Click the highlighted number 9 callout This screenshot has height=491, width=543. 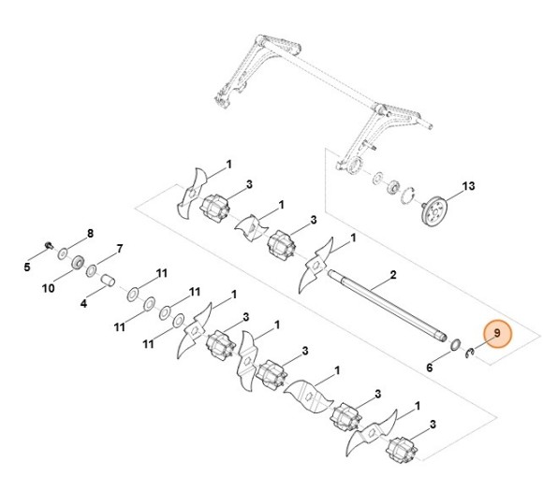(497, 334)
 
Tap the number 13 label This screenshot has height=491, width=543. (469, 186)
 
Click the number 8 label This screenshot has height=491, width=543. (91, 232)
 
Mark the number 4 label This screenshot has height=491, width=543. (83, 304)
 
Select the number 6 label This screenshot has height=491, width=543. (430, 368)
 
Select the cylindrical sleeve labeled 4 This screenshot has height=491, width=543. (109, 280)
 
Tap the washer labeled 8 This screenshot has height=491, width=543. (62, 253)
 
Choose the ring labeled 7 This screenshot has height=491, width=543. (94, 270)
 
